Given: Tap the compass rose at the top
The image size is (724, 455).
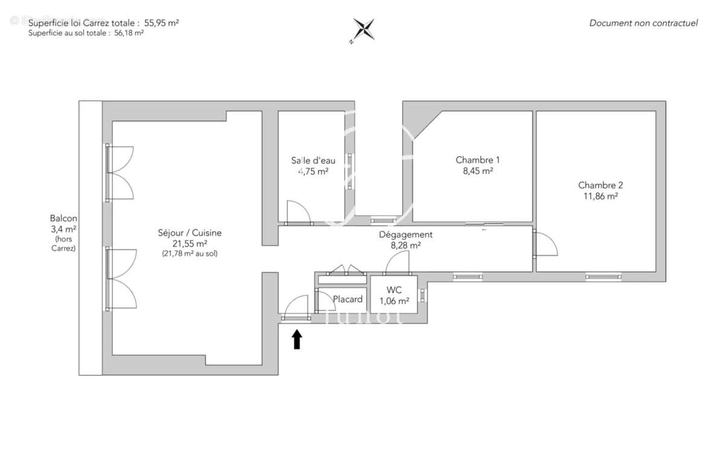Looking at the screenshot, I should pos(364,29).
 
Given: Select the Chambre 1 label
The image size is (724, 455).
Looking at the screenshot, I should pos(477,160).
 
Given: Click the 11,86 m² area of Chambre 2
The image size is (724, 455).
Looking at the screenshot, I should pos(598,196).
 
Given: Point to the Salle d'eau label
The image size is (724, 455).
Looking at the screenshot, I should pos(313,161).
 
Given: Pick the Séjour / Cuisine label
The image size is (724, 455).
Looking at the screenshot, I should pos(189,233).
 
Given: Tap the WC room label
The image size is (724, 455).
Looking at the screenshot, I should pos(394,290).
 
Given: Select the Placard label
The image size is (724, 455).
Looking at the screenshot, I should pos(348,299).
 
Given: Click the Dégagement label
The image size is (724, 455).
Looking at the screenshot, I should pos(405,235).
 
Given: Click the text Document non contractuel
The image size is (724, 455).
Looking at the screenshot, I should pos(643,23).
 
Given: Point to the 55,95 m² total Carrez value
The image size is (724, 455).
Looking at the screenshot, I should pos(162,22).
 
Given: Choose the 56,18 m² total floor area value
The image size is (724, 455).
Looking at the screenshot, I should pos(129,34).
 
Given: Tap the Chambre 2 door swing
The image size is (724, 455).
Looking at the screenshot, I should pos(547,244).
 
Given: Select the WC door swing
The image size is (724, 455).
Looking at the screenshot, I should pos(398,264).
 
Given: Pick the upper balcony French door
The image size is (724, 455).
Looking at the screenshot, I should pos(120,173).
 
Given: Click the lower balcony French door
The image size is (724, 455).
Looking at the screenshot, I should pos(120,279).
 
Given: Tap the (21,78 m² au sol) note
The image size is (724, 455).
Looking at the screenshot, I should pos(189,254).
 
